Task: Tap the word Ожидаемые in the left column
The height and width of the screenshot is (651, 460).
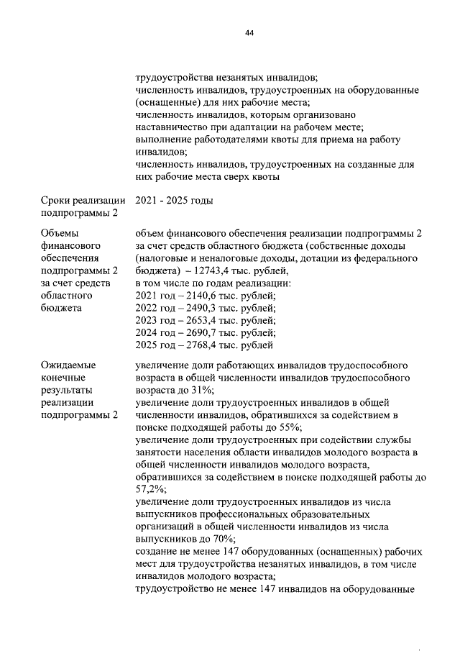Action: click(x=69, y=365)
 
